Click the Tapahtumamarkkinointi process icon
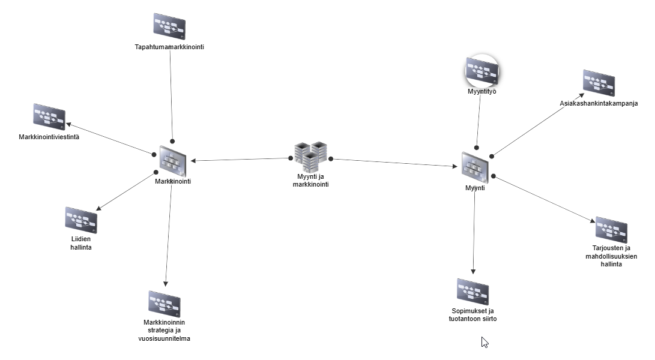(169, 26)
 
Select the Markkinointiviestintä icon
(49, 116)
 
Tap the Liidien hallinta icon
(81, 220)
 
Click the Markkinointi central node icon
(173, 160)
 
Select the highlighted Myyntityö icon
(482, 72)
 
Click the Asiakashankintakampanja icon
(599, 83)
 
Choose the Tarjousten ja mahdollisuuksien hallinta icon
(611, 230)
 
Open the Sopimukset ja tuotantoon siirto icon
(472, 292)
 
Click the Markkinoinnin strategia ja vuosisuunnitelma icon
(165, 304)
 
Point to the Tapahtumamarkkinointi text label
(169, 46)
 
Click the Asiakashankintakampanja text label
(598, 103)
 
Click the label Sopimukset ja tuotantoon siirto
(474, 315)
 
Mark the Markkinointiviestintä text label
(49, 137)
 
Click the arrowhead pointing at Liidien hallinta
(99, 208)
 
